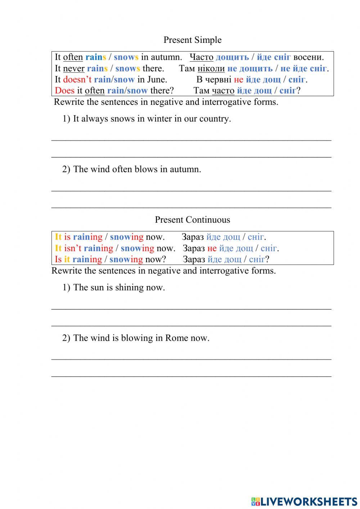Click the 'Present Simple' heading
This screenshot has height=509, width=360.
click(192, 40)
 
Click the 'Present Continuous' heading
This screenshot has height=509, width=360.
click(192, 220)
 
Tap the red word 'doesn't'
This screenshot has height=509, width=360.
click(77, 80)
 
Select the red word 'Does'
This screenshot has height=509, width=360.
click(64, 91)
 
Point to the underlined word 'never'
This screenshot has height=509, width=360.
click(73, 68)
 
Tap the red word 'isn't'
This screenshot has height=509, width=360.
click(73, 248)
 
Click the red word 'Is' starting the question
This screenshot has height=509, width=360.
click(58, 259)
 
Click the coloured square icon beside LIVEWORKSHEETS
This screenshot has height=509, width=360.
click(256, 501)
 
